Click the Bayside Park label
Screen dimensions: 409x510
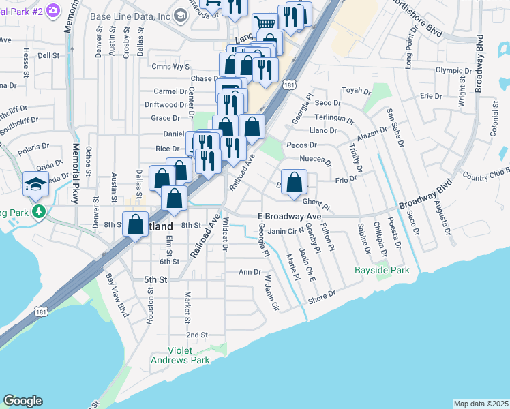[382, 271]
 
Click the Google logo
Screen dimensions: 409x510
[22, 401]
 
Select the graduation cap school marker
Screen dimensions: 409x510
[35, 184]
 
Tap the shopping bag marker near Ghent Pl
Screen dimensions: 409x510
[295, 183]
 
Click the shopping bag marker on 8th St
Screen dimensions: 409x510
[136, 224]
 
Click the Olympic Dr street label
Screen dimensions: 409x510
[453, 70]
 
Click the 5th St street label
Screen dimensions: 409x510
[155, 279]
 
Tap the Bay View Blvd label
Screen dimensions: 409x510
[117, 294]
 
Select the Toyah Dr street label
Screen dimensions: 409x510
[355, 90]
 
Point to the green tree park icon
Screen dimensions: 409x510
[39, 213]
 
